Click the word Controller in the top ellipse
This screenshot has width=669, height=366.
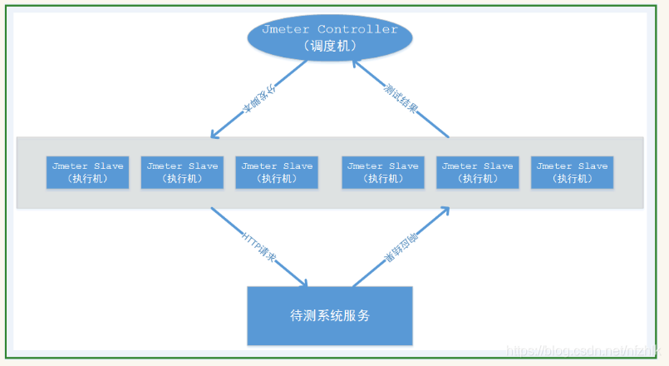click(x=358, y=29)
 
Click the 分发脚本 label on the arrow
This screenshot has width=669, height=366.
click(x=258, y=98)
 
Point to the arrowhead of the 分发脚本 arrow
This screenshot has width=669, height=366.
click(x=214, y=136)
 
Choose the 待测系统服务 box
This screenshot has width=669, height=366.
click(x=330, y=316)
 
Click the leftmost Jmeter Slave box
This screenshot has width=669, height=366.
click(x=87, y=172)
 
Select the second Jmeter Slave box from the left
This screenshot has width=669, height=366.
click(x=182, y=172)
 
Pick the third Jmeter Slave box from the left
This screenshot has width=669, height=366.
click(x=277, y=172)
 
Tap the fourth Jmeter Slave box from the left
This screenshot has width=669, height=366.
click(x=383, y=172)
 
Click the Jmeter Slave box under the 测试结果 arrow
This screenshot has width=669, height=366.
click(x=478, y=172)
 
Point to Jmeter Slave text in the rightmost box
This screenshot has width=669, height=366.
click(x=572, y=166)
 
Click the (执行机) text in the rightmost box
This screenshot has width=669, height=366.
click(x=572, y=179)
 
